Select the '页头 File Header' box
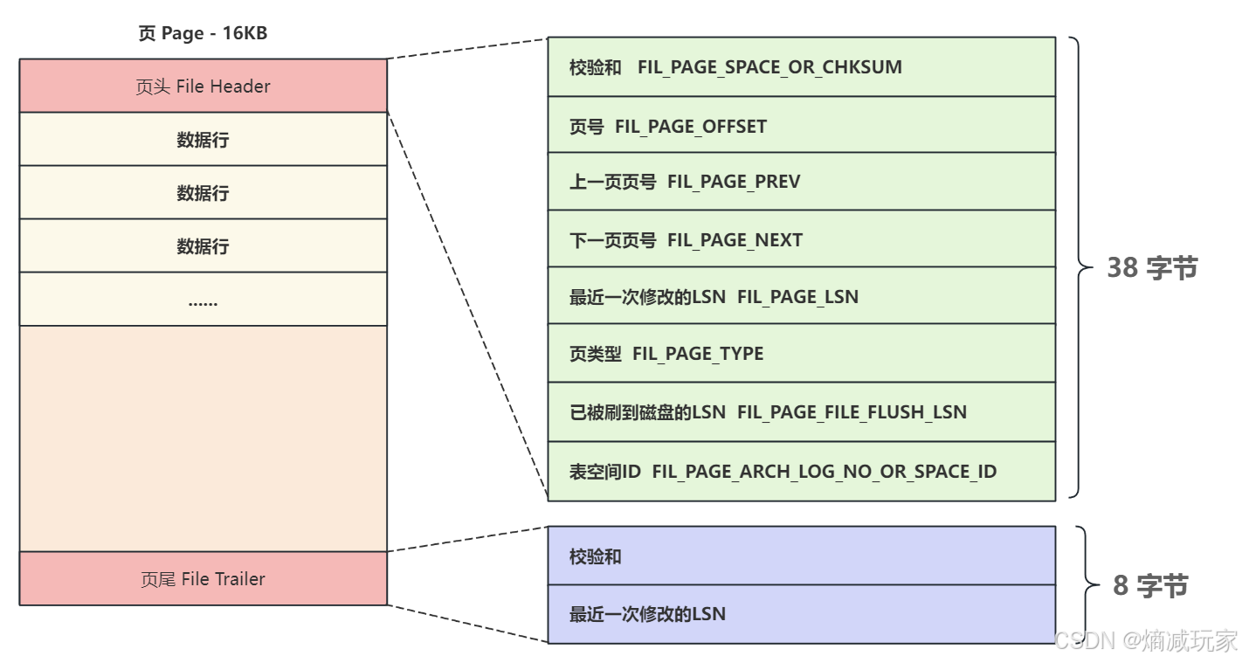tap(203, 86)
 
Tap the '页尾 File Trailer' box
tap(203, 579)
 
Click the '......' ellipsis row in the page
tap(203, 300)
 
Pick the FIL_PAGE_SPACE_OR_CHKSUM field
tap(801, 67)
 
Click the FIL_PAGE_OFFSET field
tap(801, 126)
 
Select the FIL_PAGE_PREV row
tap(801, 182)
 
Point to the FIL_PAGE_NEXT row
tap(801, 239)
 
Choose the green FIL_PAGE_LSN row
tap(801, 297)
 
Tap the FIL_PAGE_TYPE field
tap(801, 354)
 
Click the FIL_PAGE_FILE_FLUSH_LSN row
tap(801, 411)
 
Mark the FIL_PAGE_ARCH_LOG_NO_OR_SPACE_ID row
tap(801, 472)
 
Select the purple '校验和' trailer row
tap(801, 556)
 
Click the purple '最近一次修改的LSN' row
tap(801, 614)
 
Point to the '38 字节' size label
tap(1152, 268)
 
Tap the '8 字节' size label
tap(1150, 585)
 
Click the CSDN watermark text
tap(1146, 640)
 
